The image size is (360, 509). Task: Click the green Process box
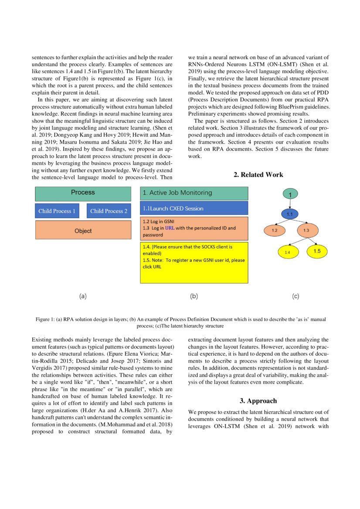click(x=83, y=193)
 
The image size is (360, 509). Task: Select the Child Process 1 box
click(x=57, y=211)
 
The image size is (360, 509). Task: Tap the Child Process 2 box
click(x=109, y=211)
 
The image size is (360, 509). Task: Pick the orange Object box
click(x=83, y=231)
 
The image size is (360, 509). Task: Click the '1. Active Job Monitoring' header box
click(x=194, y=193)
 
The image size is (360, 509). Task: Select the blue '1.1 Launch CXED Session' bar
click(x=194, y=208)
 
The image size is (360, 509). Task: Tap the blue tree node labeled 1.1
click(x=290, y=214)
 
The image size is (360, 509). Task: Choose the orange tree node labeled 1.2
click(x=275, y=229)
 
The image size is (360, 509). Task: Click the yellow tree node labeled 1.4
click(x=287, y=252)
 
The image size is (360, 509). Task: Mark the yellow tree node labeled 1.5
click(x=317, y=251)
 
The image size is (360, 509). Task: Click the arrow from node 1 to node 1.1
click(x=290, y=203)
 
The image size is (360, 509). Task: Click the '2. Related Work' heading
click(x=258, y=175)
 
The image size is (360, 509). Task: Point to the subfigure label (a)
click(x=83, y=296)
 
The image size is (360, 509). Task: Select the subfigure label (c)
click(x=295, y=296)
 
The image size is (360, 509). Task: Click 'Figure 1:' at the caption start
click(x=45, y=319)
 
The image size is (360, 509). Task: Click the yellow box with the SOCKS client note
click(x=194, y=263)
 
